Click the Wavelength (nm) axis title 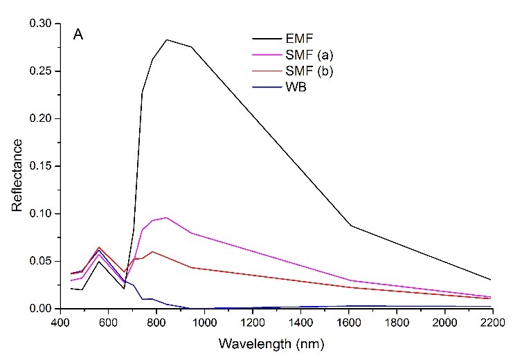coord(275,343)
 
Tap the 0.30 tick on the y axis coord(40,24)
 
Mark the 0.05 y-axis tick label coord(40,261)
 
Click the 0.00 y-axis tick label coord(40,308)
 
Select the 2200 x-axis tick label coord(492,322)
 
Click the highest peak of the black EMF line coord(167,39)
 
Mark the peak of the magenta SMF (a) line coord(166,217)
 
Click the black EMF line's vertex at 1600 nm coord(350,226)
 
